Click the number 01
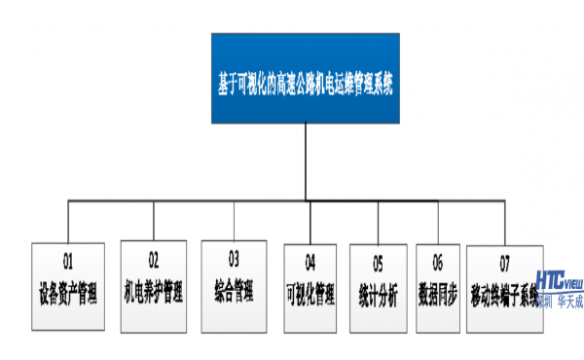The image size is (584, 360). tap(68, 262)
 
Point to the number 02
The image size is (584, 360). tap(153, 260)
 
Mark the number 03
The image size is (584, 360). tap(234, 259)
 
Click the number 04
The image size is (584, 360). tap(310, 262)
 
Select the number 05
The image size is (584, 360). tap(378, 262)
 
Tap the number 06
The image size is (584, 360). tap(437, 262)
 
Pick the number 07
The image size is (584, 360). tap(503, 262)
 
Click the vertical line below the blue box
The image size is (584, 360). tap(306, 161)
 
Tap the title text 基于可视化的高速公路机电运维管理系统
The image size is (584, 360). tap(306, 85)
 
